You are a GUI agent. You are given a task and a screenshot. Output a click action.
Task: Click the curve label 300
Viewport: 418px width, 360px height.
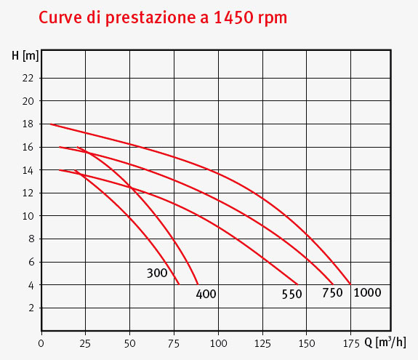click(157, 273)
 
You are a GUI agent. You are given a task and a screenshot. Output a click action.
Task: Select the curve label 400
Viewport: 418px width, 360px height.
click(206, 295)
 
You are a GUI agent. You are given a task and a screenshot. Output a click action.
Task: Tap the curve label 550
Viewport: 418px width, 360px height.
click(292, 295)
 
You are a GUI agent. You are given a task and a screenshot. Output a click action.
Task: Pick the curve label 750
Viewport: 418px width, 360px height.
click(332, 293)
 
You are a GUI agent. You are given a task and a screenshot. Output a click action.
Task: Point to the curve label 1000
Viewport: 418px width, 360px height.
click(367, 292)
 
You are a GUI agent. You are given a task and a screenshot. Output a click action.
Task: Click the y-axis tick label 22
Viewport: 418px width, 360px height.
click(28, 78)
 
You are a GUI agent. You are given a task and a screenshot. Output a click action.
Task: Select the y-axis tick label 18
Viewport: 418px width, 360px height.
click(28, 124)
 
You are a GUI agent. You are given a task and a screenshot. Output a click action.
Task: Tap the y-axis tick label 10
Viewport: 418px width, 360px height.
click(28, 216)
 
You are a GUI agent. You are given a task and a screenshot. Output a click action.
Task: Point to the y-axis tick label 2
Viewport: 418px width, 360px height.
click(31, 308)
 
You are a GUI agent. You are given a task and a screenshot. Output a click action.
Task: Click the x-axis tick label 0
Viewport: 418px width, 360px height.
click(42, 342)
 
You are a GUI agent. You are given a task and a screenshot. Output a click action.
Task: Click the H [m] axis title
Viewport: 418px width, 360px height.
click(25, 55)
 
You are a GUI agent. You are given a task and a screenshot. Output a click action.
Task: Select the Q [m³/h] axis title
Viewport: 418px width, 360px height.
click(387, 342)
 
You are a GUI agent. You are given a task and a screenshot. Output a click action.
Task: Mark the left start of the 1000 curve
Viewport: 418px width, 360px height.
click(49, 124)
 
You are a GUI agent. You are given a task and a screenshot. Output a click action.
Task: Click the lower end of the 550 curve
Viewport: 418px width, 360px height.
click(298, 284)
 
